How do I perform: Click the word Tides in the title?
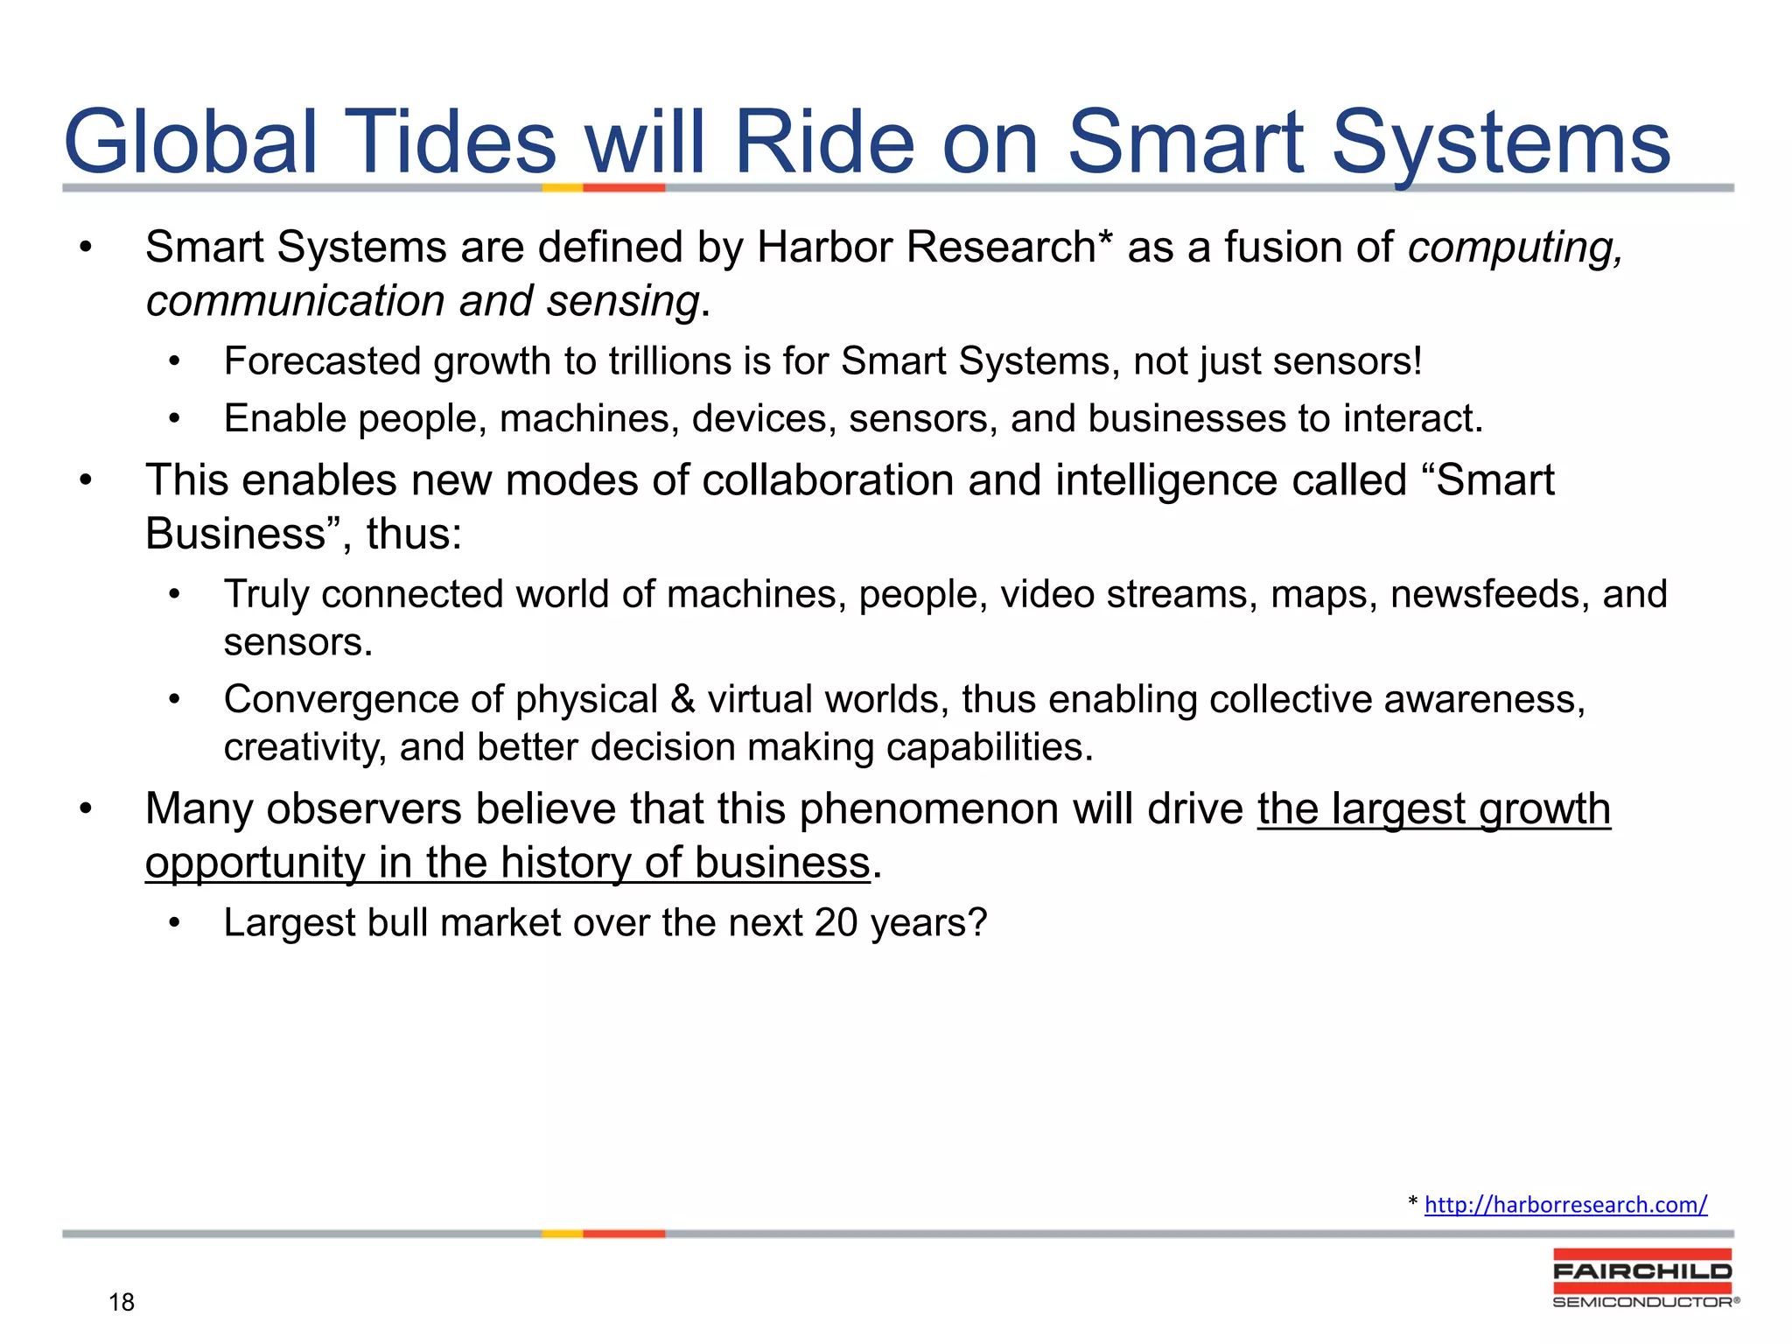453,142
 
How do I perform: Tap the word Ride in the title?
824,142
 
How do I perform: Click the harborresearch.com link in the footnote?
1565,1205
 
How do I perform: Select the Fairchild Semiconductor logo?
1643,1278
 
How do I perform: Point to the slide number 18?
122,1302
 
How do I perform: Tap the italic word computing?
1514,248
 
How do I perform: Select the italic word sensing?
623,302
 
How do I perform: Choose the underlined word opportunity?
254,864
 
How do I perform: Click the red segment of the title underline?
624,187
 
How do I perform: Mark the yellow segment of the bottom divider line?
562,1234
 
